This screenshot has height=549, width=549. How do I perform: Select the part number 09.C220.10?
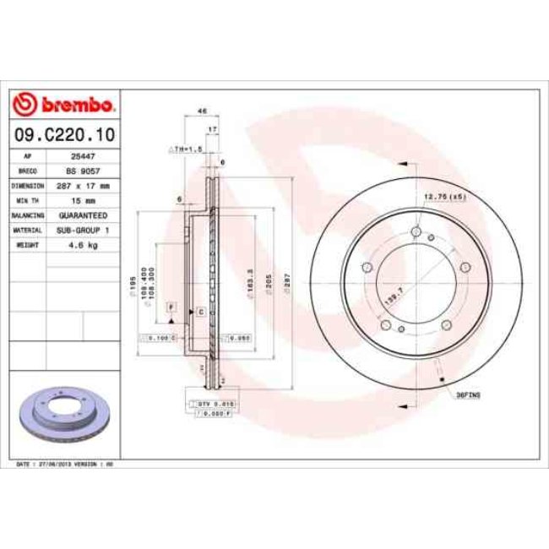(64, 133)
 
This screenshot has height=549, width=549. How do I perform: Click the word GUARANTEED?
(83, 215)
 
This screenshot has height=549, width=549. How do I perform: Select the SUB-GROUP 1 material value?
(83, 230)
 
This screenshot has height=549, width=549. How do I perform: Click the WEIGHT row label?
(28, 245)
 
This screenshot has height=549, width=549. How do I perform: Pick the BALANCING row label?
(28, 215)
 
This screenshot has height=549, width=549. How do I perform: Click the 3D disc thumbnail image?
(63, 417)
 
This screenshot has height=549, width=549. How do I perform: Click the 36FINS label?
(466, 394)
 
